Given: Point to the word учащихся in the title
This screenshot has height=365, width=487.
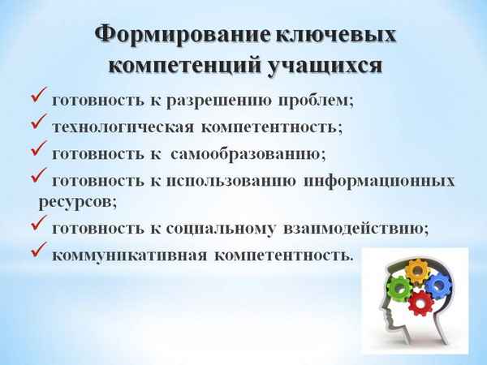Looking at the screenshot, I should pyautogui.click(x=330, y=65).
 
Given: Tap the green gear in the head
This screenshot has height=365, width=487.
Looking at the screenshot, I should pyautogui.click(x=398, y=287).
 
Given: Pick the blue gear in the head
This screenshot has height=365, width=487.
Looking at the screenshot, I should pyautogui.click(x=437, y=285).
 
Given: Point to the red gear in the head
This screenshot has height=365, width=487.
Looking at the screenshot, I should pyautogui.click(x=420, y=303).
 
